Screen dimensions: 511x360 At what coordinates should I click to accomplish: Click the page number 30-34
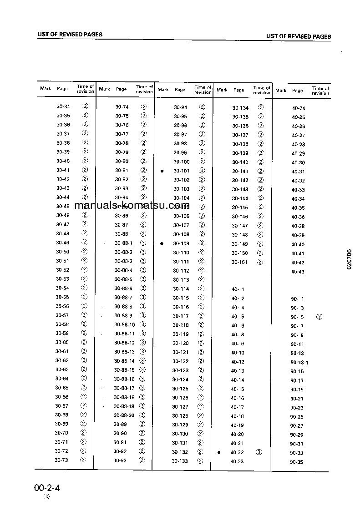[x=63, y=106]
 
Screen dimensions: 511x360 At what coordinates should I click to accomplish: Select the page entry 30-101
[x=181, y=171]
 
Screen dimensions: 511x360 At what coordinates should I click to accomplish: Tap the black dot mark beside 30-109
[x=162, y=243]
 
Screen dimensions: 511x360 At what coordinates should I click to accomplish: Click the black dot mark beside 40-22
[x=219, y=452]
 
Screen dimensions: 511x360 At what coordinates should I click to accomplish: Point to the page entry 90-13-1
[x=299, y=362]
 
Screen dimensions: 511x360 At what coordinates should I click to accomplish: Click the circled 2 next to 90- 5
[x=319, y=317]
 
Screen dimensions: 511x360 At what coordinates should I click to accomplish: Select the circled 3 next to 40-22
[x=259, y=452]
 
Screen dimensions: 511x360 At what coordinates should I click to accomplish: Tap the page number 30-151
[x=240, y=262]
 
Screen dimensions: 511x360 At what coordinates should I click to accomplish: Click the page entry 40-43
[x=298, y=272]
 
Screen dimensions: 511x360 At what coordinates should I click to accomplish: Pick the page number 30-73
[x=61, y=460]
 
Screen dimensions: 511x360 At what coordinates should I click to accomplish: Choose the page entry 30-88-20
[x=124, y=415]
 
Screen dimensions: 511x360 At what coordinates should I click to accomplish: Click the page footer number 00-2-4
[x=47, y=489]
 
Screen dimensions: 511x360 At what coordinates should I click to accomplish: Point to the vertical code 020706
[x=349, y=259]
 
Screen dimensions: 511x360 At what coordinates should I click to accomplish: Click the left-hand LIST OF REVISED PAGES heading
[x=70, y=34]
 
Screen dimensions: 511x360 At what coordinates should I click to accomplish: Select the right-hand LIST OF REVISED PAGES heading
[x=299, y=36]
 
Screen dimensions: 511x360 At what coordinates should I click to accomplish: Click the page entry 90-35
[x=297, y=462]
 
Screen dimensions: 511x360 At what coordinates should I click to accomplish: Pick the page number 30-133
[x=180, y=460]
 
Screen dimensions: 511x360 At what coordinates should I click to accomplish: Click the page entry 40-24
[x=299, y=108]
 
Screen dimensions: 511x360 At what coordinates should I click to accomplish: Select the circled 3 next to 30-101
[x=202, y=171]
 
